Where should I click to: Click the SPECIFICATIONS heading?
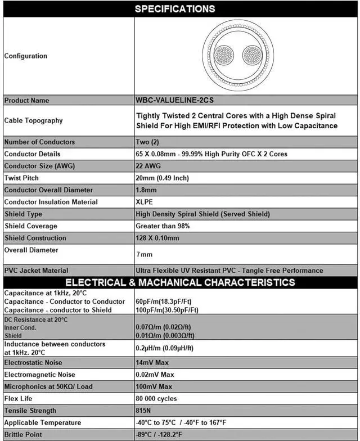click(175, 9)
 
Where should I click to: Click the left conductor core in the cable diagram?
click(224, 56)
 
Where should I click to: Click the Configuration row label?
click(26, 56)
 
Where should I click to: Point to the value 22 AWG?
click(149, 166)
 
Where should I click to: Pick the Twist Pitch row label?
click(21, 178)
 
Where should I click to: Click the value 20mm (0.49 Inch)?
click(163, 178)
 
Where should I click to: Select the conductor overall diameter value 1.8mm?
click(146, 190)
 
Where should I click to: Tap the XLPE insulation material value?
click(145, 202)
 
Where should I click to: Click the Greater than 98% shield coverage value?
click(163, 226)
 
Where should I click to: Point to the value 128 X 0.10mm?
click(157, 238)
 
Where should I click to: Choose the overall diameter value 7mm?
click(145, 254)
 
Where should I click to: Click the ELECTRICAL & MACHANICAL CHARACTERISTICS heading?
click(180, 282)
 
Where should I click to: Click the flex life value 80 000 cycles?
click(156, 399)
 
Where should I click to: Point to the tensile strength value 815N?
click(145, 411)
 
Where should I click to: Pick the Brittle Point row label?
click(23, 435)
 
